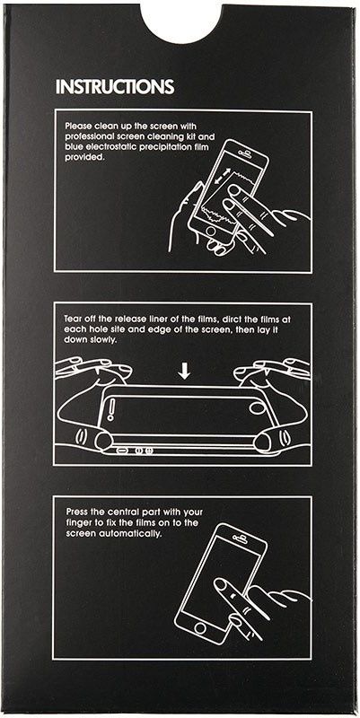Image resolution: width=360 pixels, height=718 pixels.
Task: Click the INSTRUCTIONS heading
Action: coord(115,86)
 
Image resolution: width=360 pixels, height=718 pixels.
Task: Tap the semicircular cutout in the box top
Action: coord(181,23)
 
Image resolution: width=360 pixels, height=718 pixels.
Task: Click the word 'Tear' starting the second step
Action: coord(73,320)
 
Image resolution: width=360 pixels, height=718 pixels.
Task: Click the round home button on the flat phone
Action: coord(257,408)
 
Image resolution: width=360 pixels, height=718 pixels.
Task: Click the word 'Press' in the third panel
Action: coord(75,512)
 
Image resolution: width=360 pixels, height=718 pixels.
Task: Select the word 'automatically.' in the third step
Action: coord(138,534)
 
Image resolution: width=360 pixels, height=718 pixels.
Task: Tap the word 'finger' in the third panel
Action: coord(77,523)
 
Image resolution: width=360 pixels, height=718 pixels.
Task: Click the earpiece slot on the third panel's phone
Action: coord(241,533)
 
